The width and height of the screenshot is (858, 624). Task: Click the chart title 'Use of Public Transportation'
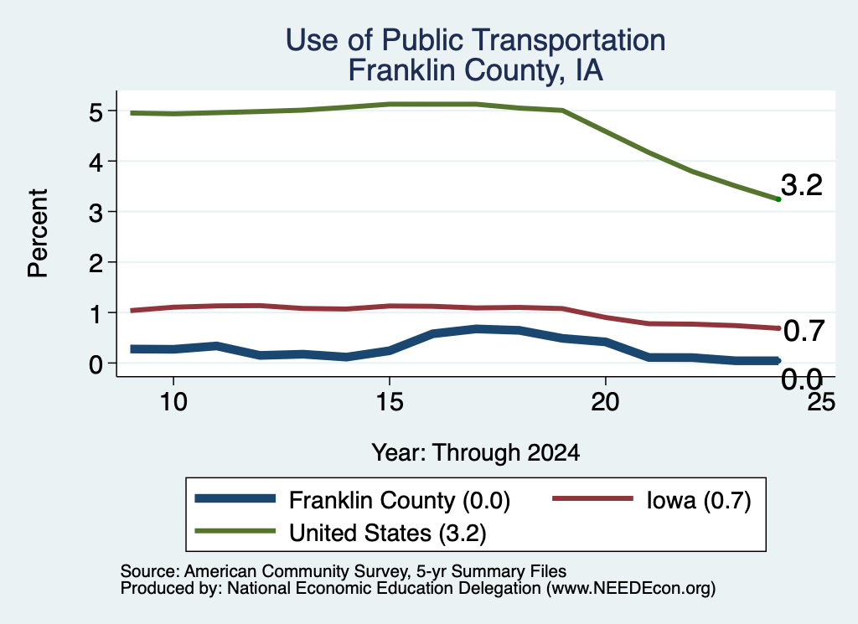[x=476, y=39]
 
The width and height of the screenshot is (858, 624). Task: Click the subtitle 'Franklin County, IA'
[x=476, y=70]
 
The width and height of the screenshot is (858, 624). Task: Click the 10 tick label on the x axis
[x=173, y=402]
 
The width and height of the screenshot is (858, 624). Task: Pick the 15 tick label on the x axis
[x=390, y=402]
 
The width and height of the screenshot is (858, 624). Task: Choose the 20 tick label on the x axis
[x=605, y=402]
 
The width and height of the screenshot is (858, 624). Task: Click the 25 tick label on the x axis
[x=821, y=402]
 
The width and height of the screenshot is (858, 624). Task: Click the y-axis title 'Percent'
[x=39, y=234]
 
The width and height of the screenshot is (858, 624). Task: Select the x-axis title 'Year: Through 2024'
[x=476, y=453]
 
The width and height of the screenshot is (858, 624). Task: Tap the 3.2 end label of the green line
[x=802, y=185]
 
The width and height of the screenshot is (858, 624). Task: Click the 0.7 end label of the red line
[x=804, y=331]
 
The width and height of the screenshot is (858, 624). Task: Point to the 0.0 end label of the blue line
[x=802, y=379]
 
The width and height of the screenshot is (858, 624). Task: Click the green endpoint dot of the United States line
[x=778, y=199]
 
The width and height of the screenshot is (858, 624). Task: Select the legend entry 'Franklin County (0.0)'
[x=353, y=500]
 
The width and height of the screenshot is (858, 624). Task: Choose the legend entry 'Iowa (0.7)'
[x=652, y=500]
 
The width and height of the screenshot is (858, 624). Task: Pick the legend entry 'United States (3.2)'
[x=340, y=532]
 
